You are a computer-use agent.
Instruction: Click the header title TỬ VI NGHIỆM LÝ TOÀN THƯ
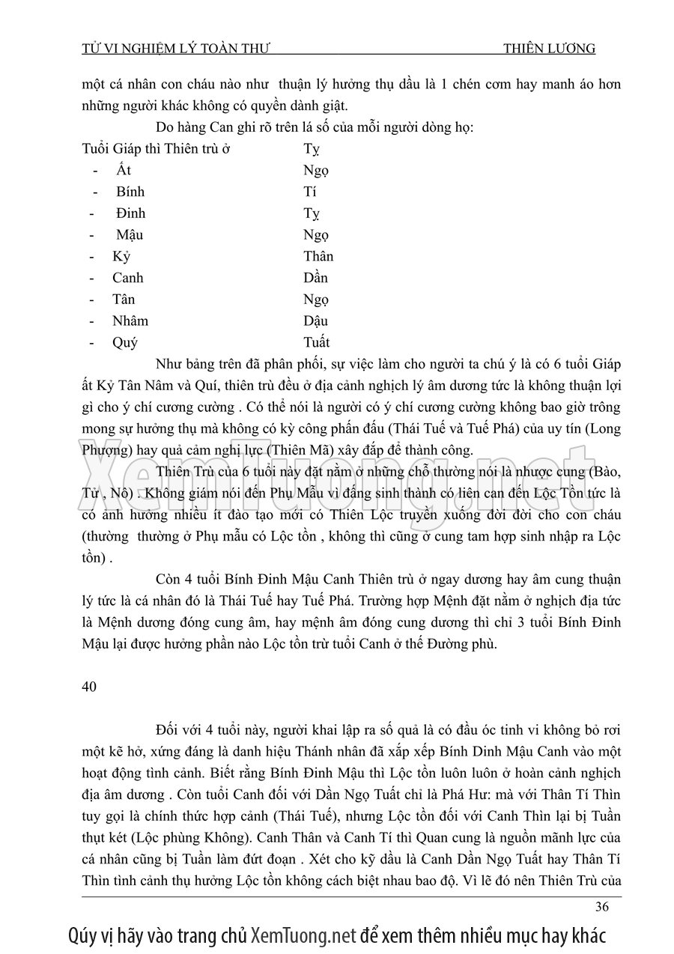[176, 49]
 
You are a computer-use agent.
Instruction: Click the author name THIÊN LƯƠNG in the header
[549, 49]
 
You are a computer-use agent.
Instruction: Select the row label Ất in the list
[124, 170]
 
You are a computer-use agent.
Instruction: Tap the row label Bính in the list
[130, 192]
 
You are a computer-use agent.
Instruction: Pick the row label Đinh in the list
[130, 213]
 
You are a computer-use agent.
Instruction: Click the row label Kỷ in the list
[121, 256]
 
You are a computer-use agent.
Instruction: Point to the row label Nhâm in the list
[130, 321]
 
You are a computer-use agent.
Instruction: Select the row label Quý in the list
[125, 343]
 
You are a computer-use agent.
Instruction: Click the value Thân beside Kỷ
[318, 256]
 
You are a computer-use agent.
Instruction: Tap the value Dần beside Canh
[315, 278]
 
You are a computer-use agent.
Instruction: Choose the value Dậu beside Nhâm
[315, 321]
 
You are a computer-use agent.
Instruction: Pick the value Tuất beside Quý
[316, 343]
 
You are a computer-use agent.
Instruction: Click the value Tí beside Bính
[309, 192]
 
